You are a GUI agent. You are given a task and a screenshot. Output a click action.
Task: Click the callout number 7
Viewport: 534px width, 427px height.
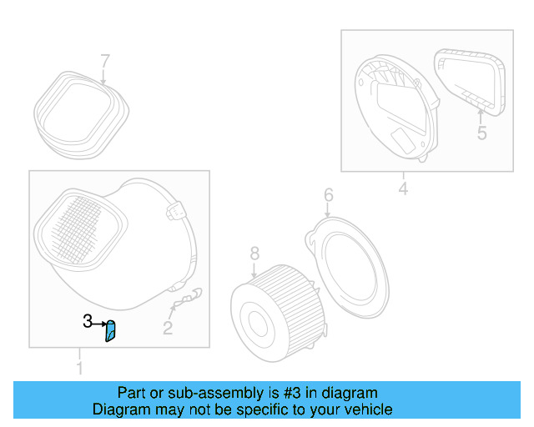coord(105,61)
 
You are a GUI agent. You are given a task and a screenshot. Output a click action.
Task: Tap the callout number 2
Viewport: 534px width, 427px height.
coord(168,329)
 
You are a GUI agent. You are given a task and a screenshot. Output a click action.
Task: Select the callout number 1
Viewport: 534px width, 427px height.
coord(80,368)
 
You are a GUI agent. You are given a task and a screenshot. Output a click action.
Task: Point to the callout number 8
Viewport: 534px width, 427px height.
coord(254,252)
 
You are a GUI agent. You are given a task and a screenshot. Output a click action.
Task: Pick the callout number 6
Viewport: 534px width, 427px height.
coord(328,195)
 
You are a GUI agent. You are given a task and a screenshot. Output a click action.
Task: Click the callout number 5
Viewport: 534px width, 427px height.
coord(481,133)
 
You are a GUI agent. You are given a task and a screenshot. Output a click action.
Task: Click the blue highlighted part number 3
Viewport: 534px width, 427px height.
coord(110,331)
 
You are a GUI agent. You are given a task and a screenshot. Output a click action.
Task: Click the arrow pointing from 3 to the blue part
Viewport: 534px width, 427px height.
coord(99,322)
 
